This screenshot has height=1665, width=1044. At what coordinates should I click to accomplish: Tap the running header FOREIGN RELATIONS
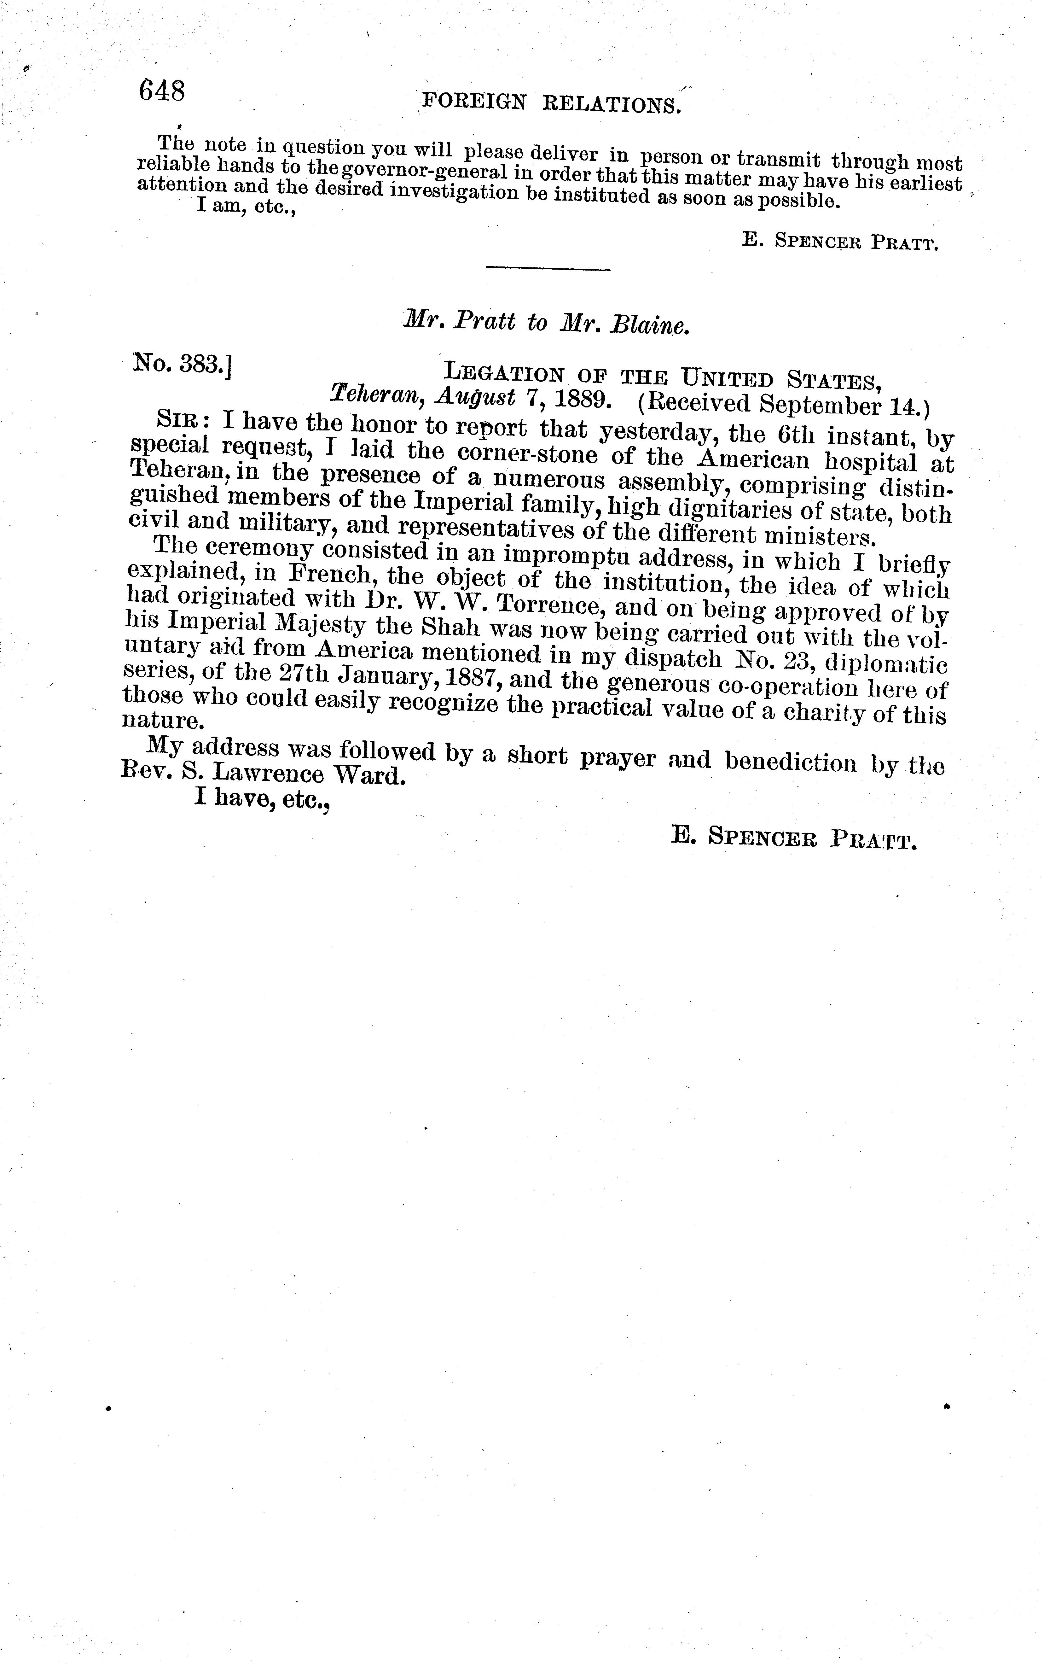click(551, 103)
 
